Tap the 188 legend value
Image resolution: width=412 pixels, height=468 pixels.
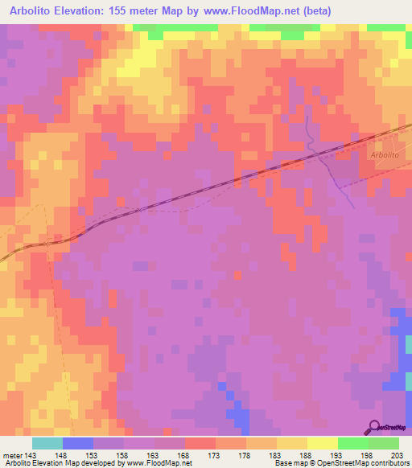click(x=305, y=454)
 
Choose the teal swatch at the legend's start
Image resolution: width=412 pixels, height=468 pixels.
click(x=47, y=443)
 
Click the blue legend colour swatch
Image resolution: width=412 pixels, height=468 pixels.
click(x=77, y=443)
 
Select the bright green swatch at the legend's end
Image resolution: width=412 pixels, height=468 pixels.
click(x=384, y=443)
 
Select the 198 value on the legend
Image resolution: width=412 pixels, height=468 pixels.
click(x=366, y=454)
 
